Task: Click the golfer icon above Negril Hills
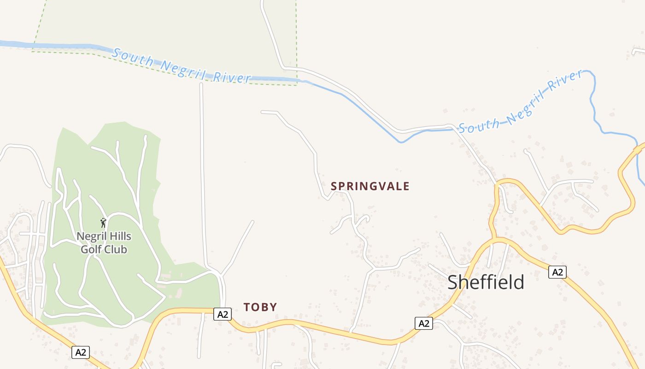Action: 104,223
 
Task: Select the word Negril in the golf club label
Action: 91,237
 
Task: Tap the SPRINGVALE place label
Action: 370,186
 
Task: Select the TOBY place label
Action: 260,307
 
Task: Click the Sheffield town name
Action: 486,282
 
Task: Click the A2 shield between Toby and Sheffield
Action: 424,323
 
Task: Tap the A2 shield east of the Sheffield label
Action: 557,272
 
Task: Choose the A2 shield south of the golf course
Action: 81,352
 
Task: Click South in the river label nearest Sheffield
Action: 479,125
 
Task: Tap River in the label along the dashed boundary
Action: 232,77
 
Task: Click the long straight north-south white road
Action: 202,175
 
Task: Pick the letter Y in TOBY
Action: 273,307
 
